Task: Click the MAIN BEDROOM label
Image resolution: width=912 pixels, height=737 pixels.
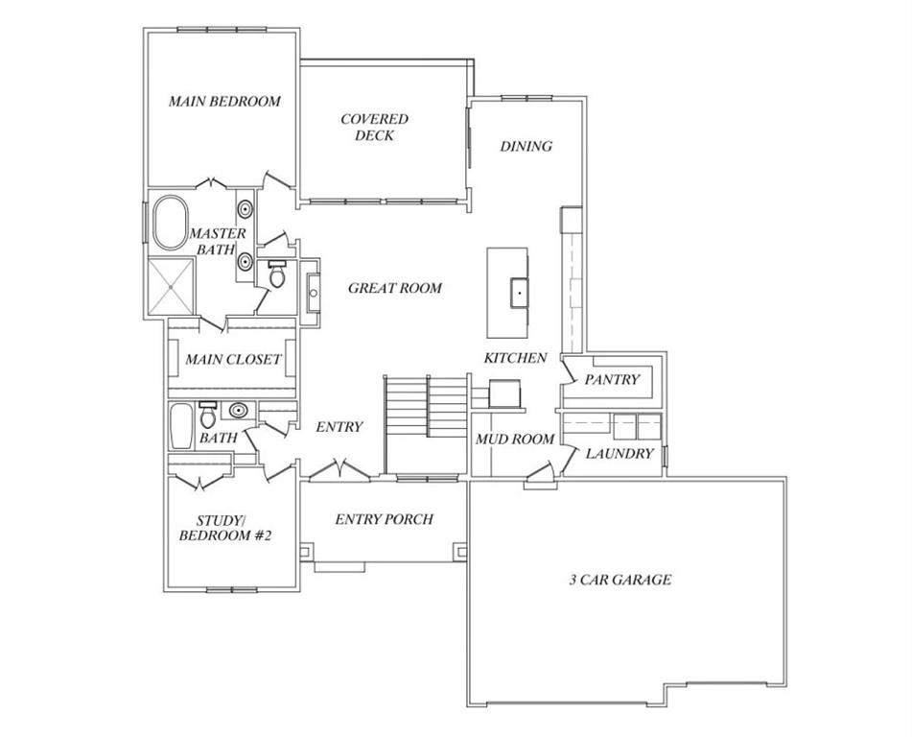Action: [224, 101]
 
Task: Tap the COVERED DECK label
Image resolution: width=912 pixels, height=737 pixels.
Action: [374, 128]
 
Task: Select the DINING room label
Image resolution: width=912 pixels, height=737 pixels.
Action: [526, 147]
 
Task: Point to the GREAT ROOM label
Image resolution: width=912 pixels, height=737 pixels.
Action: [395, 288]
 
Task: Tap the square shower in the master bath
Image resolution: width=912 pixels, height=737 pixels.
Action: [171, 286]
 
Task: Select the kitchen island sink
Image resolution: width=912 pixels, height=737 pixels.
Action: [518, 288]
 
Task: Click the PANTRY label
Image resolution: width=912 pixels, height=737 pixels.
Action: [612, 380]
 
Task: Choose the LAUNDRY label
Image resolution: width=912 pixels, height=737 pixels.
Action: [620, 453]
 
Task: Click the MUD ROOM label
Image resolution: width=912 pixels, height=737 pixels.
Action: [515, 440]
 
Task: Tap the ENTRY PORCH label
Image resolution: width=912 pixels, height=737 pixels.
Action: [384, 519]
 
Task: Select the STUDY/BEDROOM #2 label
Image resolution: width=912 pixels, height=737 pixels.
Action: [225, 528]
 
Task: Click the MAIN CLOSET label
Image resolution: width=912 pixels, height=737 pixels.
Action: [233, 360]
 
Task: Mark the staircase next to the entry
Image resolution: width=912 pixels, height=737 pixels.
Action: [425, 422]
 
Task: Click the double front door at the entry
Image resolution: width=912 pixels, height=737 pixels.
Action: [338, 471]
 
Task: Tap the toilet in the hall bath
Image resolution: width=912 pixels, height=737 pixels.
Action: [207, 416]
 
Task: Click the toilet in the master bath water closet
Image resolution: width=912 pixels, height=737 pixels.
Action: [277, 276]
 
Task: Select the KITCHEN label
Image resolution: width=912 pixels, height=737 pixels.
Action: [515, 358]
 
